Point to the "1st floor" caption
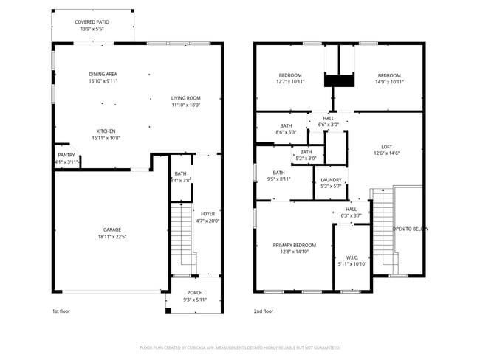[x=62, y=311]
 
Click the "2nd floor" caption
[x=264, y=311]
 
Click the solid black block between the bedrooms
[x=340, y=80]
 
